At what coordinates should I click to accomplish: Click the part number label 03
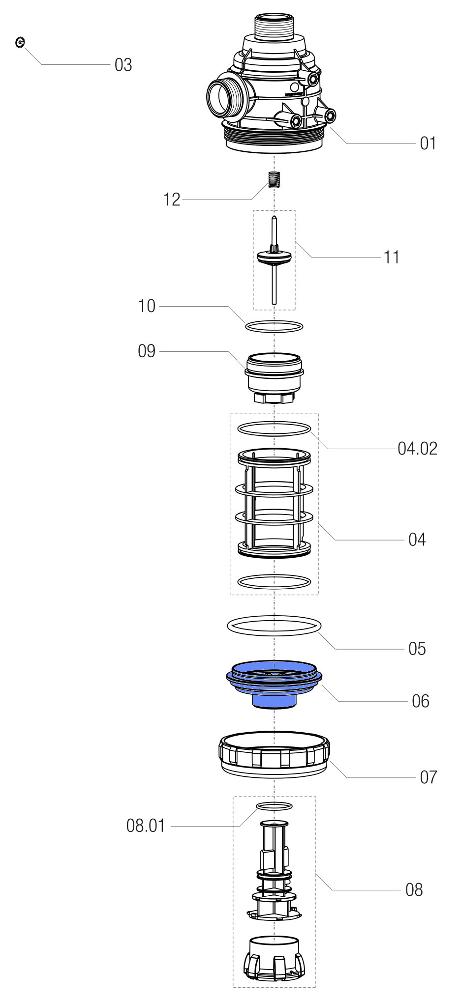123,65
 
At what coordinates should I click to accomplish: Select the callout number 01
428,143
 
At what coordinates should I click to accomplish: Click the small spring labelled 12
274,180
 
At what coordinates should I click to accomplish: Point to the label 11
391,257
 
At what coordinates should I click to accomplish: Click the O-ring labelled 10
274,326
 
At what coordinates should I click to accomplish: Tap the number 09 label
147,351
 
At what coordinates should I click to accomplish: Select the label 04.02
417,449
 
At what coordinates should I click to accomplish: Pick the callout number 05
417,649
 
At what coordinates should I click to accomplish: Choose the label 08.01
146,826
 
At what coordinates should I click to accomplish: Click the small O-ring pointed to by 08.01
275,805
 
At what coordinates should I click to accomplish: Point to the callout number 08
414,889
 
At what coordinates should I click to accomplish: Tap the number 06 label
421,701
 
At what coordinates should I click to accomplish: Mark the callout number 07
428,777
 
